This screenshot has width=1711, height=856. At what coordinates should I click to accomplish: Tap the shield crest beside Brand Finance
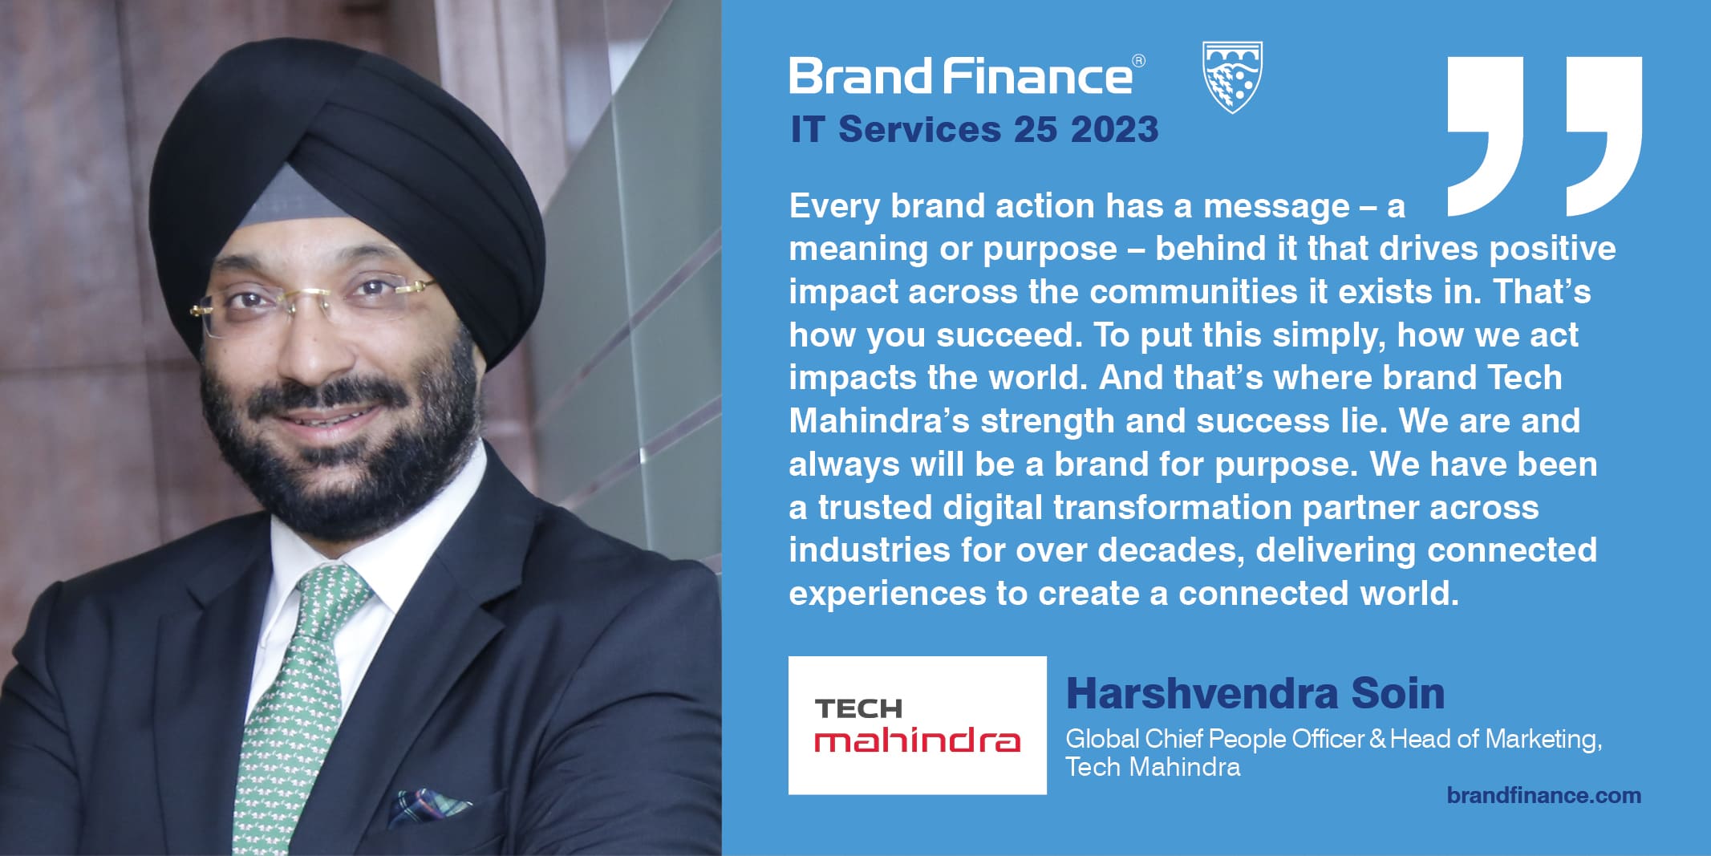tap(1233, 77)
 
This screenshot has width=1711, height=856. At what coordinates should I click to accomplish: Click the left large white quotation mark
tap(1486, 136)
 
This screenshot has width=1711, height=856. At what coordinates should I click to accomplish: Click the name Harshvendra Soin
tap(1255, 693)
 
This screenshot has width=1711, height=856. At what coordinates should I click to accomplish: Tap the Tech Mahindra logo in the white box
tap(918, 725)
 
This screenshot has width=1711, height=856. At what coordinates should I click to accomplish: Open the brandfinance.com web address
tap(1544, 796)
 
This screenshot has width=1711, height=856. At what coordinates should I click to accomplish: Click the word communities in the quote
tap(1194, 292)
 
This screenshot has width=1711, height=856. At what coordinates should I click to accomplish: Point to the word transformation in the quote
tap(1172, 507)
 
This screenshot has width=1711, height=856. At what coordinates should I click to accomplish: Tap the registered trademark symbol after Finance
tap(1138, 61)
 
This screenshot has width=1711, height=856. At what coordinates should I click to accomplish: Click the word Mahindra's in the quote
tap(879, 421)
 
